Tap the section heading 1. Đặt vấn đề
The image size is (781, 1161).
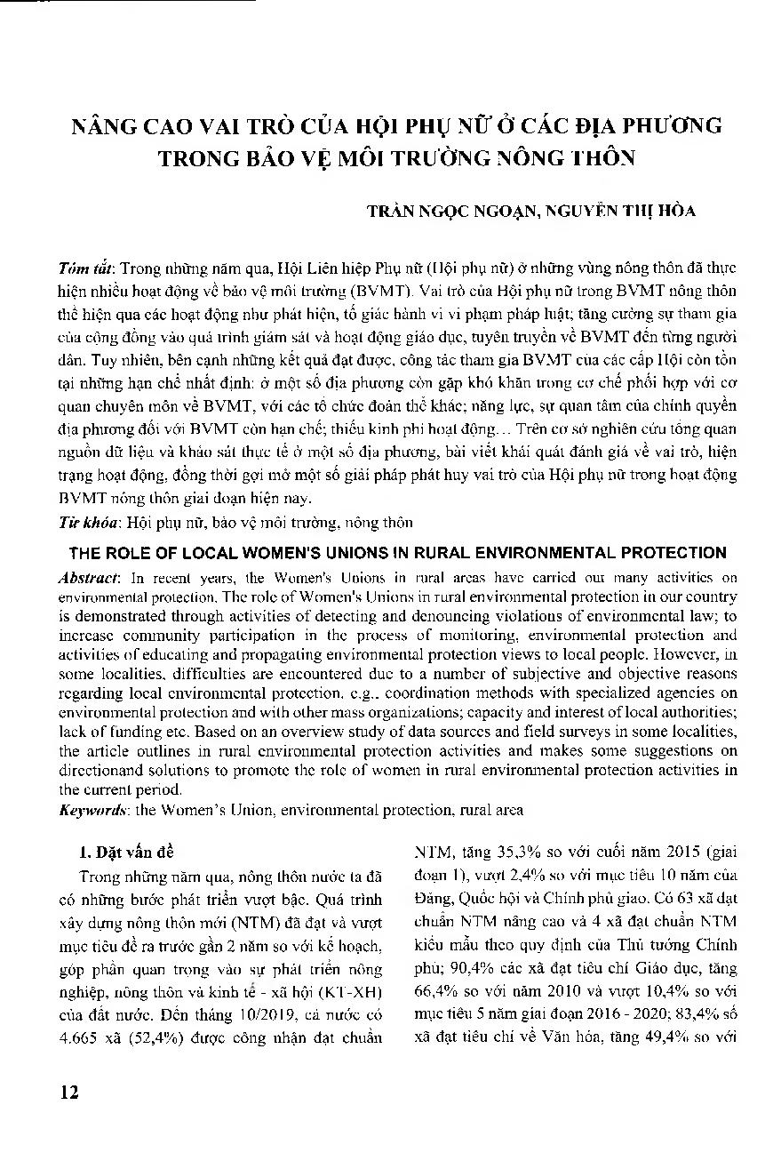click(120, 851)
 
